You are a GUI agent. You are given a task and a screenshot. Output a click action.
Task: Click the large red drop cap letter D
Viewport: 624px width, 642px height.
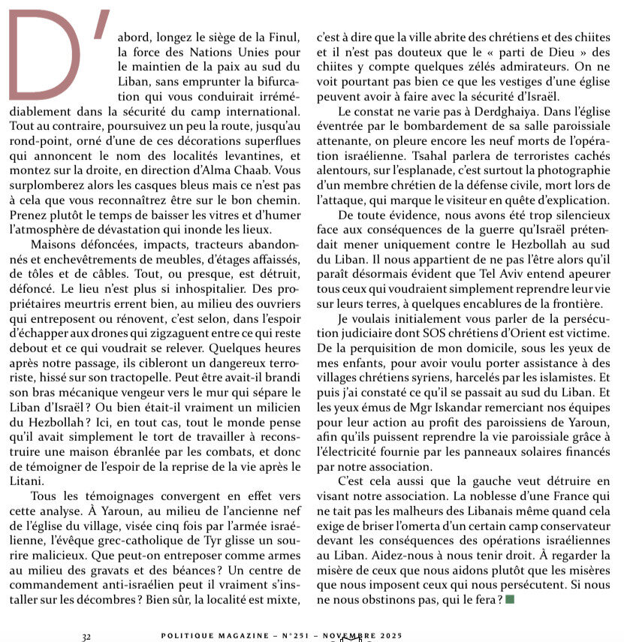tap(45, 56)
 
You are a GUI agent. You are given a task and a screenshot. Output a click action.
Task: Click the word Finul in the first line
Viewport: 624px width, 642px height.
tap(284, 35)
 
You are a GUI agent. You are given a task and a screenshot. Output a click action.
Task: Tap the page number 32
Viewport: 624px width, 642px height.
tap(86, 636)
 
